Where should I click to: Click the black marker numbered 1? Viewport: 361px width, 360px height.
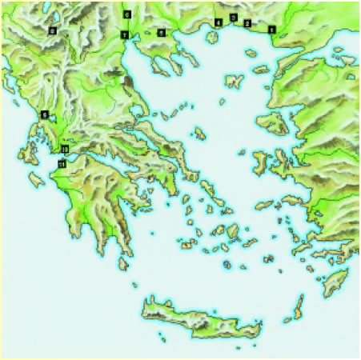(x=272, y=30)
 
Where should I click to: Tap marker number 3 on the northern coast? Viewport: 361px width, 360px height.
(x=233, y=17)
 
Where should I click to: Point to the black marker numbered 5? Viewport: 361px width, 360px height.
(x=161, y=33)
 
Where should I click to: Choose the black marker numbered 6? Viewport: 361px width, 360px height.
(x=126, y=14)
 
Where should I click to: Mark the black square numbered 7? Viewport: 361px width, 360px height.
(x=124, y=34)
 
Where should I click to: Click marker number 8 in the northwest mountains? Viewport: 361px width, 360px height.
(x=53, y=30)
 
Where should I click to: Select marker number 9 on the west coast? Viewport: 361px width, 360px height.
(x=45, y=114)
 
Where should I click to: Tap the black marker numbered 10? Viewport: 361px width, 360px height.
(x=65, y=150)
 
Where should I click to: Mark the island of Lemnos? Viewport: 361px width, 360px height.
(x=234, y=82)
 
